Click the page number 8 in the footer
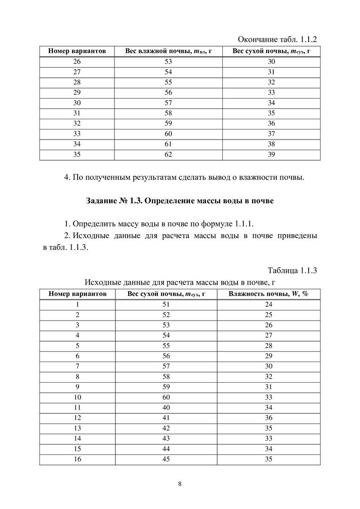pyautogui.click(x=180, y=484)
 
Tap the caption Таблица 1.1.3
pyautogui.click(x=292, y=271)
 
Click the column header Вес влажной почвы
pyautogui.click(x=167, y=51)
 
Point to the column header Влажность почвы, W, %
pyautogui.click(x=268, y=294)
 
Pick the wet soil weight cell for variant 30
pyautogui.click(x=168, y=103)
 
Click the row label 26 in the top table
pyautogui.click(x=77, y=61)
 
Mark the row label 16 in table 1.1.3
pyautogui.click(x=77, y=460)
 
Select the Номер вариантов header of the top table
pyautogui.click(x=77, y=51)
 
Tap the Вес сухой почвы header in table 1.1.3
pyautogui.click(x=167, y=294)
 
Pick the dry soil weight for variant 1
pyautogui.click(x=166, y=304)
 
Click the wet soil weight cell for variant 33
pyautogui.click(x=168, y=134)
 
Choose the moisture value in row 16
pyautogui.click(x=269, y=460)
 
